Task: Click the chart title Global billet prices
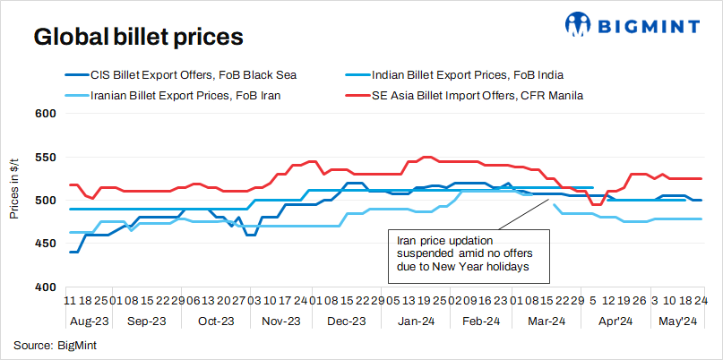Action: coord(138,38)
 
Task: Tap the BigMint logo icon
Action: coord(577,24)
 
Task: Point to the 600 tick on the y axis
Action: coord(46,114)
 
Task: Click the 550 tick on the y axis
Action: coord(46,158)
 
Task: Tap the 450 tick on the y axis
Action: coord(46,244)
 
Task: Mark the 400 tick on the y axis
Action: coord(46,287)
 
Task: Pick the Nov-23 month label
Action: coord(281,321)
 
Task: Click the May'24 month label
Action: coord(677,321)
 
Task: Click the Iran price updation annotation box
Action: coord(460,253)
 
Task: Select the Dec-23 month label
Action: coord(346,321)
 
